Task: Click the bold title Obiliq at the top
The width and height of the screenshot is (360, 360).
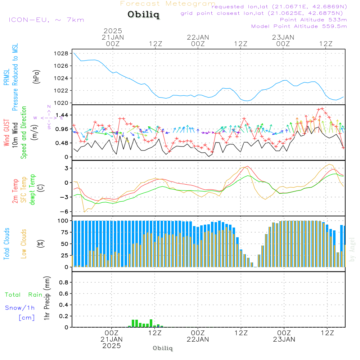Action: tap(144, 15)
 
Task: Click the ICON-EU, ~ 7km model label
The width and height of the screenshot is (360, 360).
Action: tap(46, 20)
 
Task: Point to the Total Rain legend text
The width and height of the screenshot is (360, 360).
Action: tap(23, 295)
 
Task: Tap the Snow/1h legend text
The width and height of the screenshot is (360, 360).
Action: tap(20, 308)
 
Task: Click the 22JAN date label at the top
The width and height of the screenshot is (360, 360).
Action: tap(198, 37)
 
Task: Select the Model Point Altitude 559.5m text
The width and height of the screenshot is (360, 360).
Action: tap(299, 26)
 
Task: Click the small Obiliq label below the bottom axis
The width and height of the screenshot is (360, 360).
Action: tap(163, 348)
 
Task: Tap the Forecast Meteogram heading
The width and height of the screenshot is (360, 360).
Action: tap(168, 4)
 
